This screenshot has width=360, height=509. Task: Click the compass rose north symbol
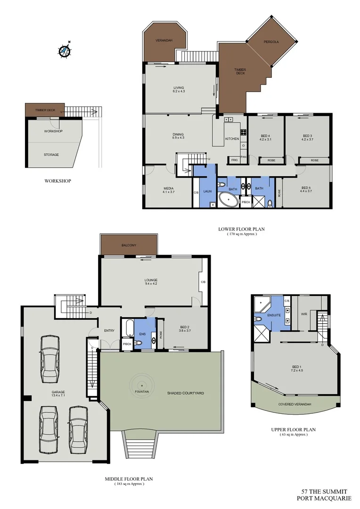click(x=65, y=50)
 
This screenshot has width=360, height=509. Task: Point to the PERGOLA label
click(x=271, y=42)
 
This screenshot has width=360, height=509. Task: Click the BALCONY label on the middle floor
click(x=129, y=245)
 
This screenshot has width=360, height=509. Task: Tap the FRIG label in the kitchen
click(x=234, y=160)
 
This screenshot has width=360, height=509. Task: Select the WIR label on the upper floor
click(x=304, y=314)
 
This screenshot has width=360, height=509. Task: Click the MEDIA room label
click(x=168, y=189)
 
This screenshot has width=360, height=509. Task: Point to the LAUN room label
click(x=207, y=191)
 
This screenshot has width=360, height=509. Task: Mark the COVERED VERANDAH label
click(x=295, y=404)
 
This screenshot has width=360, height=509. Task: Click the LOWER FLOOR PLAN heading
click(x=241, y=230)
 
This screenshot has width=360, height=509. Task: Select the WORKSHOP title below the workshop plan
click(x=57, y=181)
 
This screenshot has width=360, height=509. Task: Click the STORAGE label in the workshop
click(x=51, y=155)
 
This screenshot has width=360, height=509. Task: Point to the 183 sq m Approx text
click(x=129, y=484)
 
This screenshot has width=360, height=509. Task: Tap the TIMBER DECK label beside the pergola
click(x=240, y=71)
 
